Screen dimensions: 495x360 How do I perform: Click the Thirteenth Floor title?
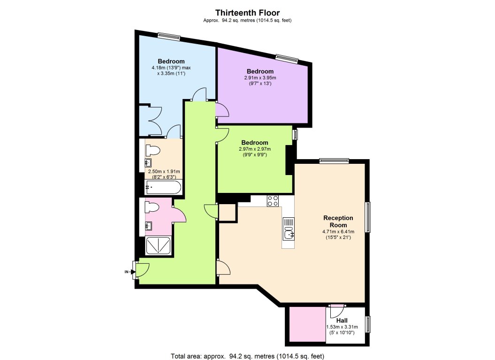click(x=248, y=13)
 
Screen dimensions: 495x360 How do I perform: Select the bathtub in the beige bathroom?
click(x=163, y=187)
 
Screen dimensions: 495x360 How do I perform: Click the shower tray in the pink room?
click(x=159, y=245)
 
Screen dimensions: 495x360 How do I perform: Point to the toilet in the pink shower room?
click(x=152, y=208)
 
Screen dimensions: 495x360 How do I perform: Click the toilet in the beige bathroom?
click(x=152, y=150)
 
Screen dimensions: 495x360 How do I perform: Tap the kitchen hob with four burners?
click(x=273, y=200)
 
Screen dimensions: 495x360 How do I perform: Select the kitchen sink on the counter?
click(x=289, y=234)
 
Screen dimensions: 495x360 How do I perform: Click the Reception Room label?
click(x=338, y=222)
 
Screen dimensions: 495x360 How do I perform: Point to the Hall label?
click(x=342, y=321)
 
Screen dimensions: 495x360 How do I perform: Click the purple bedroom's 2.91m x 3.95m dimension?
click(x=260, y=78)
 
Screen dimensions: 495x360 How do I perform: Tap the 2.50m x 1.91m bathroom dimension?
click(x=164, y=171)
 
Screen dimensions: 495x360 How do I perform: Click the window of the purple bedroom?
click(x=287, y=57)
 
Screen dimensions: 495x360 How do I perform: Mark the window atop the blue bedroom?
click(x=169, y=36)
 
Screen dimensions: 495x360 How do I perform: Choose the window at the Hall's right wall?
click(x=368, y=324)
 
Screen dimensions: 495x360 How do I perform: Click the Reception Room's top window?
click(x=334, y=161)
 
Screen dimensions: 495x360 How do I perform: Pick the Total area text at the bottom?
click(x=248, y=356)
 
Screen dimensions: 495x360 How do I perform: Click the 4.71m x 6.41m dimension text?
click(x=338, y=231)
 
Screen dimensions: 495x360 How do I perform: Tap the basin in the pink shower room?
click(x=148, y=226)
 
